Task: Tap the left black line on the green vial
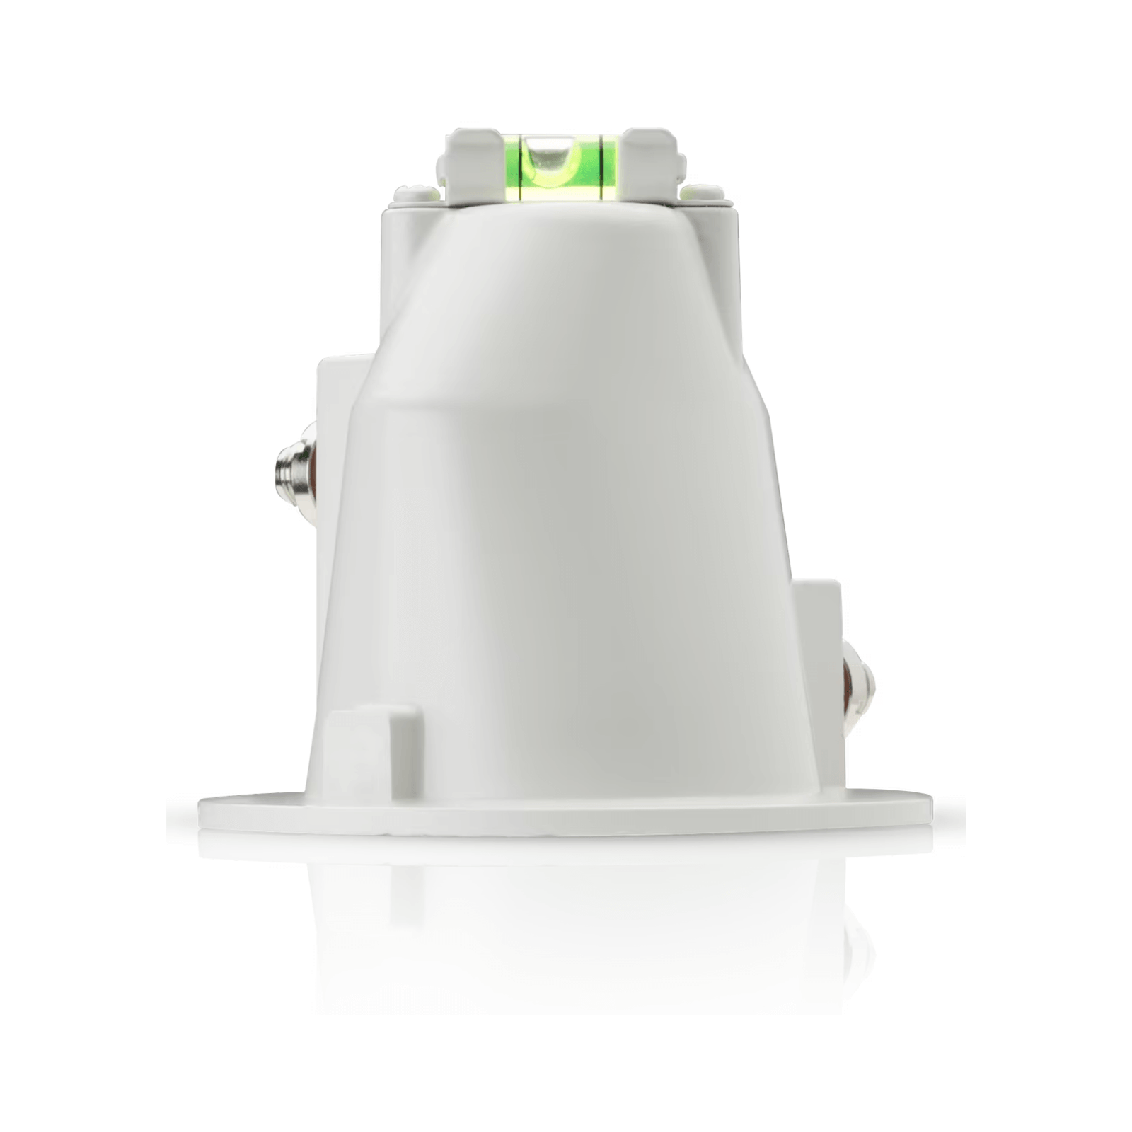pyautogui.click(x=521, y=166)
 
